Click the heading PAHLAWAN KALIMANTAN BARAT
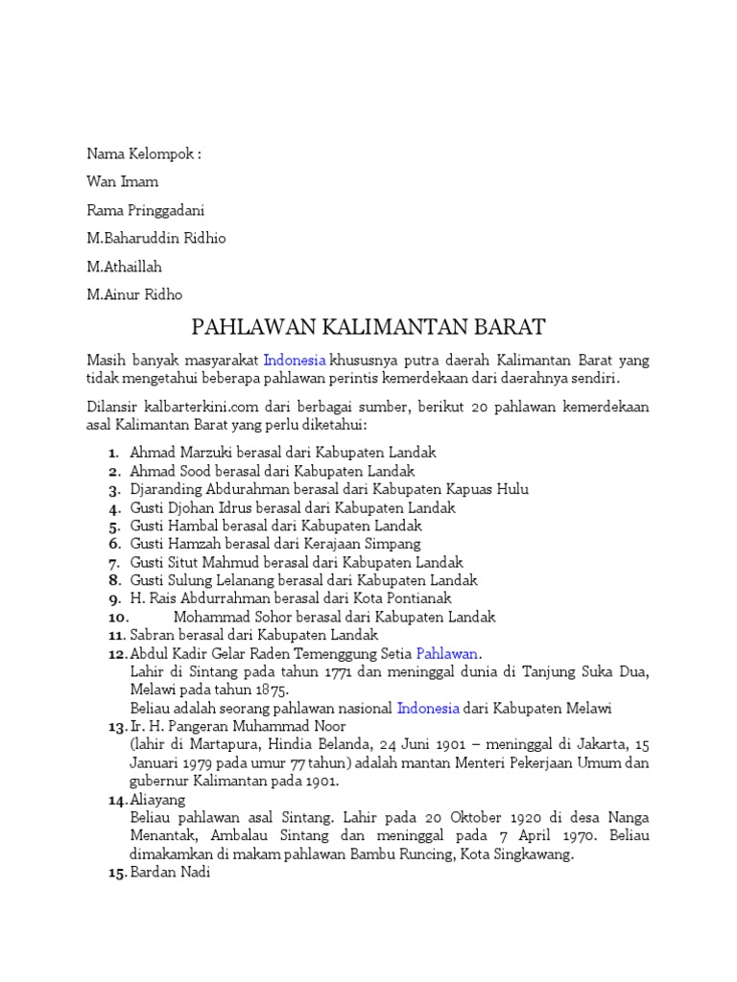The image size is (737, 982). [x=368, y=327]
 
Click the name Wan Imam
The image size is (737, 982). [x=123, y=181]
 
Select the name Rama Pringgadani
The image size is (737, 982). [x=145, y=210]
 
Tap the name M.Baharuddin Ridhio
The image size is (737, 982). [x=156, y=238]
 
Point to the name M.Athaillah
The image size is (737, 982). [x=125, y=267]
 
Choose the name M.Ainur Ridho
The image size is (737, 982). [x=134, y=294]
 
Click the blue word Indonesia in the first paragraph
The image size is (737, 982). [x=295, y=361]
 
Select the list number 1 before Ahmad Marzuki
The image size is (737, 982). [x=113, y=453]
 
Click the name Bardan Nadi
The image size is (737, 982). [x=169, y=873]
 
